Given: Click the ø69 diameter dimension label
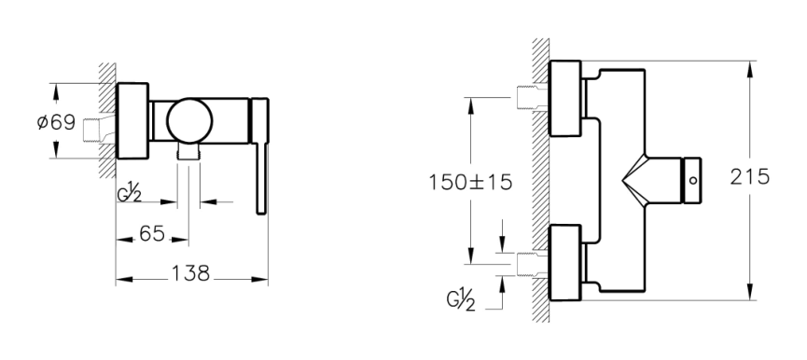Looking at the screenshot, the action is click(x=57, y=123).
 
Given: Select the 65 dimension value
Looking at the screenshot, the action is click(x=152, y=234).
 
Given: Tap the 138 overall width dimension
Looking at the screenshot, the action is click(x=190, y=273).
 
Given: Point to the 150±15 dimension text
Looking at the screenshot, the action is click(x=471, y=182).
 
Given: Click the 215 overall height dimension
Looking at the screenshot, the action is click(x=750, y=177).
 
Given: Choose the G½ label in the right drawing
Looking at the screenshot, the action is click(x=461, y=301).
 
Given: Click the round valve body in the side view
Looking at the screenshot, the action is click(x=189, y=120).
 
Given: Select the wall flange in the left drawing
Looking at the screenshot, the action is click(x=132, y=121).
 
